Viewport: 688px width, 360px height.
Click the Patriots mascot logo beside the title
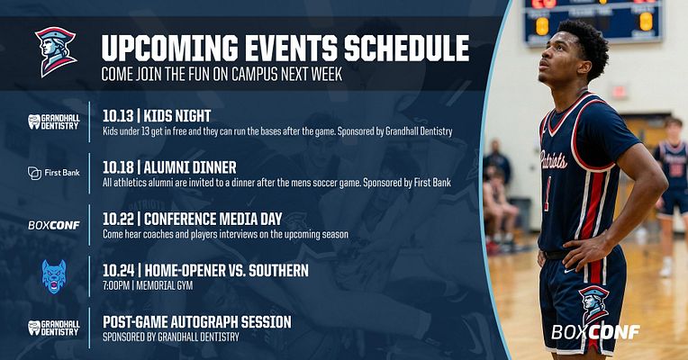click(x=55, y=51)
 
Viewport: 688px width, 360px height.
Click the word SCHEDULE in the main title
click(x=404, y=47)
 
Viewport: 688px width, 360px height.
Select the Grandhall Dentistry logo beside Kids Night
click(x=53, y=121)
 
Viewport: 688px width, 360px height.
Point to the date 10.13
click(x=118, y=116)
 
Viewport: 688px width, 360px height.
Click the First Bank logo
click(x=53, y=172)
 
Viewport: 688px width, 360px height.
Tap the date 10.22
click(x=118, y=219)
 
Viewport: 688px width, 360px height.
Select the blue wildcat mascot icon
click(x=54, y=276)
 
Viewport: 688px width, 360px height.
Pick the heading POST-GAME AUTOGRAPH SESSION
click(x=196, y=321)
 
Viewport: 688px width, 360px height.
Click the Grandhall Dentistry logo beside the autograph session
click(x=53, y=328)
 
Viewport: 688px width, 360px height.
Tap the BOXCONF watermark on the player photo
click(x=595, y=332)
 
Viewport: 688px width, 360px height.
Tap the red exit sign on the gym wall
click(x=619, y=92)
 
